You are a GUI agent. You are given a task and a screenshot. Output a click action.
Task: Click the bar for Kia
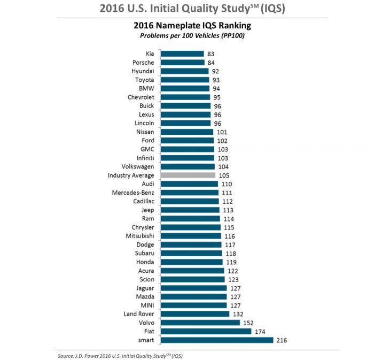[x=182, y=54]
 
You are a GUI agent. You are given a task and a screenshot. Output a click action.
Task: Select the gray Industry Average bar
[x=188, y=175]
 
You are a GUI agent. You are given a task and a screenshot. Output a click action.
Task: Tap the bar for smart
[x=216, y=340]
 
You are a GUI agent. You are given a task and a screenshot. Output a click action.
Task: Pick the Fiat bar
[x=206, y=332]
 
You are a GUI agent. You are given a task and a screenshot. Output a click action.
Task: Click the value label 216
[x=282, y=340]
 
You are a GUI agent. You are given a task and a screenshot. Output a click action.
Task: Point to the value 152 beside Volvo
[x=248, y=323]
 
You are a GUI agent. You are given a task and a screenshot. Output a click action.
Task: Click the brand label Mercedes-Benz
[x=133, y=193]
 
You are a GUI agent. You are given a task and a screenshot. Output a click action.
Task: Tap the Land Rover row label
[x=138, y=314]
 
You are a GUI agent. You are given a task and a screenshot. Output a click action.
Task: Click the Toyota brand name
[x=144, y=80]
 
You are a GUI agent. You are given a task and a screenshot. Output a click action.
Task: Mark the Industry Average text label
[x=131, y=175]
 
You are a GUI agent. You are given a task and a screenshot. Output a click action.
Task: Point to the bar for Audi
[x=189, y=184]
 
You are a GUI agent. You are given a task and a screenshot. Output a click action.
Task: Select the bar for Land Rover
[x=194, y=314]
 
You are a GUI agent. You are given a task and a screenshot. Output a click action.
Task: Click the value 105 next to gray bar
[x=223, y=175]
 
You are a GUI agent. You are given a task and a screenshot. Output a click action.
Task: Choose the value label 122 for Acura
[x=233, y=271]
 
